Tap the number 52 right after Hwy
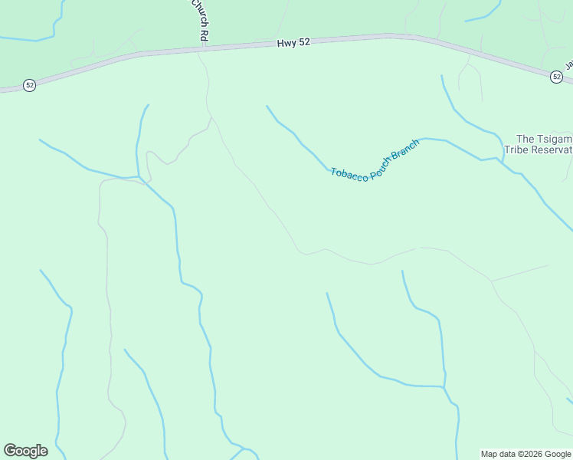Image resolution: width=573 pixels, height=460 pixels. point(304,43)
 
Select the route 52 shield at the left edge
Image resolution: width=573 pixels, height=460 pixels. point(29,85)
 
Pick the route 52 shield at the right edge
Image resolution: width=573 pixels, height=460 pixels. point(556,77)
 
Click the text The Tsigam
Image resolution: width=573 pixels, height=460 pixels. point(544,139)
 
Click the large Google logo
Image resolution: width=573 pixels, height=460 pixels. point(25,451)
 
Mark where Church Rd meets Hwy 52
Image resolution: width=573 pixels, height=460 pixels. point(204,48)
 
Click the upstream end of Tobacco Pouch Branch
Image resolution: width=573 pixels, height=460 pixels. point(267,107)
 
